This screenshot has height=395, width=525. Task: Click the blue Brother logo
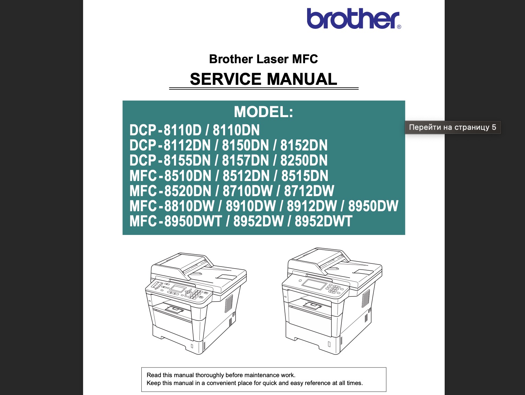[x=353, y=19]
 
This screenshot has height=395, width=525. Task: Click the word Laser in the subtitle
[x=272, y=59]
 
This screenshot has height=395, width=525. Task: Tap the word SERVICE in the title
[x=225, y=79]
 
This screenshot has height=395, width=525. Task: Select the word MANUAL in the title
[x=302, y=79]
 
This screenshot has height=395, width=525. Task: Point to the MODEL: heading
[x=264, y=112]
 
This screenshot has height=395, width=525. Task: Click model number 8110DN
[x=236, y=130]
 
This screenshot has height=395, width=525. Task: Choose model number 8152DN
[x=304, y=145]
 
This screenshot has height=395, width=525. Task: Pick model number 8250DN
[x=304, y=160]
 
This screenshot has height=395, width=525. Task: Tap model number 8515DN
[x=305, y=176]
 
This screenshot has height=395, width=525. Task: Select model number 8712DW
[x=309, y=191]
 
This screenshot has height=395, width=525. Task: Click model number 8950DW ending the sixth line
[x=373, y=206]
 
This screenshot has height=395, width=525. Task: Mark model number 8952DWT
[x=323, y=221]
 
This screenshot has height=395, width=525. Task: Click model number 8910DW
[x=250, y=206]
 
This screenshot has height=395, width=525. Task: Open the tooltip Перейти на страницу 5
[x=453, y=127]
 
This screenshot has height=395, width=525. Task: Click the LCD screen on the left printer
[x=177, y=288]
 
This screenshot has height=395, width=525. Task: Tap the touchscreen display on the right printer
[x=314, y=285]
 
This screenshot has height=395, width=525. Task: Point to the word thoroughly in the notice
[x=210, y=375]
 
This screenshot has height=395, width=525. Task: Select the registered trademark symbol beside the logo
[x=399, y=27]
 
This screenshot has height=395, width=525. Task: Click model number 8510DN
[x=188, y=176]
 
